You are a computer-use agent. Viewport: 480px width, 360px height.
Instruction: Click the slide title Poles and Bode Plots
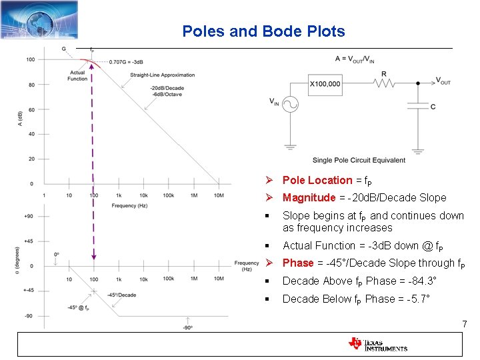pos(263,31)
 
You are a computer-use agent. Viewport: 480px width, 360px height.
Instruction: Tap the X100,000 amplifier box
pos(325,84)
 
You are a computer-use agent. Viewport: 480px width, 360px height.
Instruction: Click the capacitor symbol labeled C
pos(418,105)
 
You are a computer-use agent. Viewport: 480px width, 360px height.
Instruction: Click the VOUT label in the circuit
pos(443,81)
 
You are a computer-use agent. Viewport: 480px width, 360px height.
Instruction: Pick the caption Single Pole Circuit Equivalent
pos(359,160)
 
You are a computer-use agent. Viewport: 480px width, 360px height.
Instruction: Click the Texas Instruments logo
pos(377,344)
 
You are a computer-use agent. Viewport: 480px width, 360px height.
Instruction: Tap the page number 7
pos(464,325)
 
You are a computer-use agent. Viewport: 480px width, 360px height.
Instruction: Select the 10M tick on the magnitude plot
pos(219,195)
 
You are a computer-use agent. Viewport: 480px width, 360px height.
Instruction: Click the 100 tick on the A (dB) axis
pos(31,60)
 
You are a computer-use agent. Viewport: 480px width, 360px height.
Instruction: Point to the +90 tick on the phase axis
pos(29,216)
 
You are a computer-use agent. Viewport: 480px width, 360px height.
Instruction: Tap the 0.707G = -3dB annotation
pos(126,61)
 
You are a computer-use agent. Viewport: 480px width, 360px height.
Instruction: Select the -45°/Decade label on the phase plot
pos(121,295)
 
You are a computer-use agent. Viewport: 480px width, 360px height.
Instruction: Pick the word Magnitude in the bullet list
pos(309,197)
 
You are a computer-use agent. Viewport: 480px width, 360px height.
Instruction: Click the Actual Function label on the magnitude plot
pos(77,75)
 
